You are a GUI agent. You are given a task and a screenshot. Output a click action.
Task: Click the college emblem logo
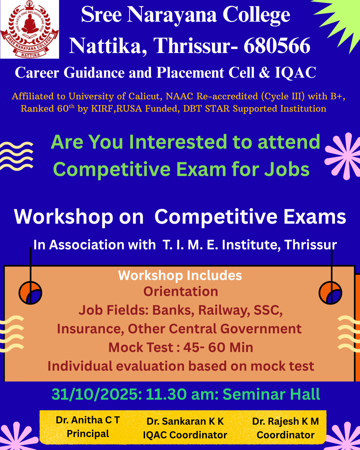click(29, 29)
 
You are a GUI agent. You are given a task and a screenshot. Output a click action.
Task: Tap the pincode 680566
click(277, 46)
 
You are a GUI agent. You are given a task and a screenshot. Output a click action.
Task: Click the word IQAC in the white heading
click(295, 73)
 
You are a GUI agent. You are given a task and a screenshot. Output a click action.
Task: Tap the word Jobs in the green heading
click(287, 169)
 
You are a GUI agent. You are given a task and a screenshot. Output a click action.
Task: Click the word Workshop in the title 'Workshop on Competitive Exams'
click(64, 217)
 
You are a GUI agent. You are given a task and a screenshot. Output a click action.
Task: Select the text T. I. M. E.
click(190, 244)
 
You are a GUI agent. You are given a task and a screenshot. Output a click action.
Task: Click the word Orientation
click(181, 291)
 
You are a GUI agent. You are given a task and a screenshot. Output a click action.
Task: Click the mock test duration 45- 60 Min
click(218, 347)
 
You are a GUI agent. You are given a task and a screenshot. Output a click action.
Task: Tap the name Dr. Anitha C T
click(88, 420)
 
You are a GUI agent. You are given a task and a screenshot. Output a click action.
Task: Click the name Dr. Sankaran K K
click(185, 421)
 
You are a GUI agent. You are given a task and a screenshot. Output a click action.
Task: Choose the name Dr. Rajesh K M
click(286, 421)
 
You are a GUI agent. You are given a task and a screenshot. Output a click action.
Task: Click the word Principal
click(88, 433)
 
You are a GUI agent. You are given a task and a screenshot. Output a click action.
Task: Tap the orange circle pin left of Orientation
click(30, 293)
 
